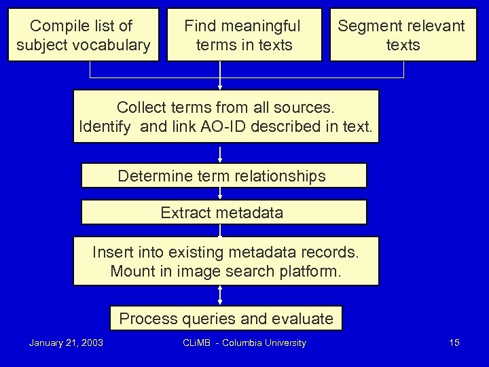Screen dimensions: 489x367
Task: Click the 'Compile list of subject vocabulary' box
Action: [x=83, y=35]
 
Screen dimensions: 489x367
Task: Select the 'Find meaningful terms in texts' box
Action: [x=244, y=35]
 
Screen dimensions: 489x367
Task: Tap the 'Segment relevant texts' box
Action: [x=403, y=35]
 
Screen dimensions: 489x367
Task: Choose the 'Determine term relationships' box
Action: [x=223, y=176]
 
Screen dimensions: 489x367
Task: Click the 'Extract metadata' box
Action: [x=223, y=212]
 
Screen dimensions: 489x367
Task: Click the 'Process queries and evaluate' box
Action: [x=226, y=318]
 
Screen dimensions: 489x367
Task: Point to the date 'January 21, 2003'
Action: [x=66, y=343]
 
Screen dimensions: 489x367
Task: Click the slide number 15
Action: [x=454, y=343]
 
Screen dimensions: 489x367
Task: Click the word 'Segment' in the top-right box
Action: [x=366, y=26]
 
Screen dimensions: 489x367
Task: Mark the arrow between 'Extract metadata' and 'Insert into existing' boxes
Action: [x=220, y=230]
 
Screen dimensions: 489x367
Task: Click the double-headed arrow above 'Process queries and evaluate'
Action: [x=220, y=295]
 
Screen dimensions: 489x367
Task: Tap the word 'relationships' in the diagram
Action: [x=280, y=176]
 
